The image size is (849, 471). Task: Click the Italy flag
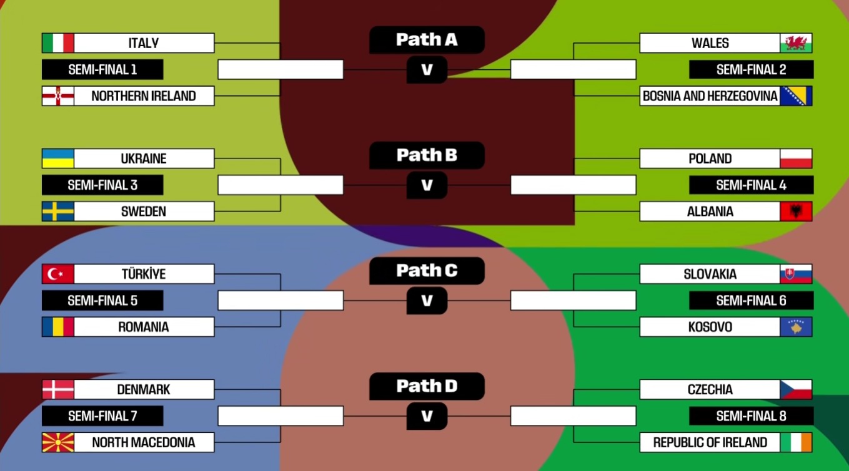58,43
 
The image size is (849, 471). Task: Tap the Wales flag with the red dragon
796,43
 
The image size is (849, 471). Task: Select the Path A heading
427,40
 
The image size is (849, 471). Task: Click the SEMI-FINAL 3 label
102,185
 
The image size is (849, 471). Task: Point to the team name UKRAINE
144,158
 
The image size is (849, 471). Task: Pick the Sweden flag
58,211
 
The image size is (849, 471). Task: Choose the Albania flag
796,211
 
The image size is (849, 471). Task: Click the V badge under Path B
427,185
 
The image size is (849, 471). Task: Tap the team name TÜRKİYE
144,274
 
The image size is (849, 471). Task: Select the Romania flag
58,327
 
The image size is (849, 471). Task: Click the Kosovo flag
796,327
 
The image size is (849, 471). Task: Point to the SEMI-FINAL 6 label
751,301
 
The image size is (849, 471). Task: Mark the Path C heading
427,271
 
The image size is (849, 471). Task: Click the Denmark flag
58,389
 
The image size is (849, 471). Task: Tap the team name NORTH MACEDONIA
144,442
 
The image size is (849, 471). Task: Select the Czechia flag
796,389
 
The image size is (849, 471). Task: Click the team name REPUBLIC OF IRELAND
710,442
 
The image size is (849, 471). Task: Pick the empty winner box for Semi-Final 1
281,69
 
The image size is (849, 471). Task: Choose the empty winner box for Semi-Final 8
573,415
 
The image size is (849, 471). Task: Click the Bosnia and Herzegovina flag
796,96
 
